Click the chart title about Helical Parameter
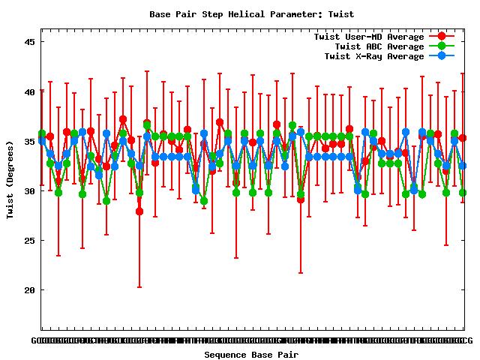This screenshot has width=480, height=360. [x=251, y=14]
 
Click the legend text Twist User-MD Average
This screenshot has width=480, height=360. [x=369, y=37]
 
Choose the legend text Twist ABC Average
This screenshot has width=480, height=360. [x=374, y=46]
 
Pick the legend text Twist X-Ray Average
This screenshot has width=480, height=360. [x=371, y=56]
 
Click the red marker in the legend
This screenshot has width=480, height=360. [x=442, y=37]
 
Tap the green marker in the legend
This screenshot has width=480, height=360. [x=442, y=46]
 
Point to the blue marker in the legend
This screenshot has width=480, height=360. [x=442, y=56]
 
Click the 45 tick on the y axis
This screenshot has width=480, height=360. [x=30, y=42]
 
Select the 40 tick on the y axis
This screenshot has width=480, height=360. [x=30, y=91]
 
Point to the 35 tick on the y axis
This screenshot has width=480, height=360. [x=30, y=141]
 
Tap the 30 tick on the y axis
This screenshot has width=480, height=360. [x=30, y=190]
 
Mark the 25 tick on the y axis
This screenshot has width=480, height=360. [x=30, y=240]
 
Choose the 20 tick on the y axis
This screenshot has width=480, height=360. [x=30, y=289]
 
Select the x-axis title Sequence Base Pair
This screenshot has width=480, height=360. [x=251, y=354]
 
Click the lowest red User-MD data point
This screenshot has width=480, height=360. [x=139, y=211]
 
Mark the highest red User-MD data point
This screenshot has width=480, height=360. [x=123, y=119]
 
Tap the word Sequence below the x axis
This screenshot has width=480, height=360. [x=227, y=354]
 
